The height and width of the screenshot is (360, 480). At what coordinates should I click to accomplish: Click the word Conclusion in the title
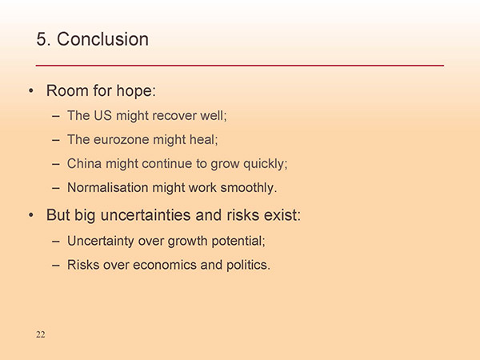[x=102, y=39]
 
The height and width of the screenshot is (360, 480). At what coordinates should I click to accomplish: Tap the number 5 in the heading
[x=42, y=39]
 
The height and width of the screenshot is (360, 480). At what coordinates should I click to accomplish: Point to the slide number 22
[x=41, y=334]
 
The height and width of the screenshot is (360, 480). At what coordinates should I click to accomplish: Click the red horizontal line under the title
[x=240, y=66]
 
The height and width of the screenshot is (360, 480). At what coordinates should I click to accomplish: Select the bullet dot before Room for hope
[x=30, y=91]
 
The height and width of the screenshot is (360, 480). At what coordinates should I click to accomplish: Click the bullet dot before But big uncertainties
[x=30, y=215]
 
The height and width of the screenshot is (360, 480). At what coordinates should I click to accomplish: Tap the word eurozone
[x=122, y=140]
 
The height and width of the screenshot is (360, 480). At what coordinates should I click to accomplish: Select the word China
[x=84, y=163]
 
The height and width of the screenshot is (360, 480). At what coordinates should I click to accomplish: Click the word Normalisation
[x=107, y=187]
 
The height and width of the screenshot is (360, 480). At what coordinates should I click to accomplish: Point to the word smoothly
[x=249, y=188]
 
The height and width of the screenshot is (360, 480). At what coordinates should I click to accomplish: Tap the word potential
[x=238, y=242]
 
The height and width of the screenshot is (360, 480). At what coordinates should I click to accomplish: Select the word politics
[x=248, y=266]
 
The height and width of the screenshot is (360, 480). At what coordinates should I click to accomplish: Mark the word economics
[x=164, y=265]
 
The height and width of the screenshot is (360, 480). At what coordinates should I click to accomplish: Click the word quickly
[x=266, y=164]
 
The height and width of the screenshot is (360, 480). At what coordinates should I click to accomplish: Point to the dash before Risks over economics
[x=56, y=265]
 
